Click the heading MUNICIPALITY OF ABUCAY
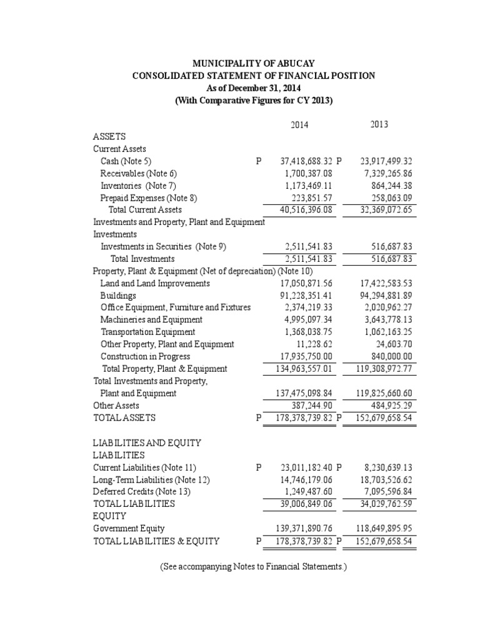coord(253,64)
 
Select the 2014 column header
coord(300,125)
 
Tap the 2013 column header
coord(379,124)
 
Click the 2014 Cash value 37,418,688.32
coord(305,161)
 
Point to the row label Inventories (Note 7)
coord(139,186)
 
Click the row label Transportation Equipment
coord(148,332)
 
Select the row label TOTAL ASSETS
coord(124,417)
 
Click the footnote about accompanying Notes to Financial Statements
coord(253,567)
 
